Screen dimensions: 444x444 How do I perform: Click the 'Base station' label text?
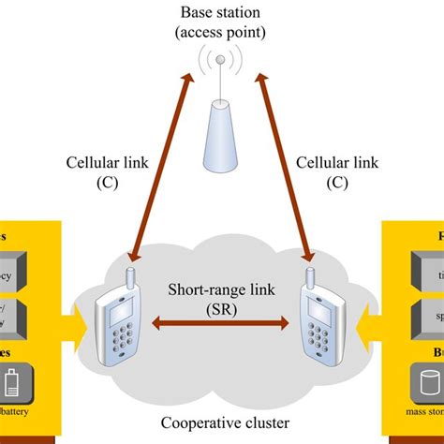pyautogui.click(x=221, y=12)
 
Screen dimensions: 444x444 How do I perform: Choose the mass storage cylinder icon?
pyautogui.click(x=427, y=385)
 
